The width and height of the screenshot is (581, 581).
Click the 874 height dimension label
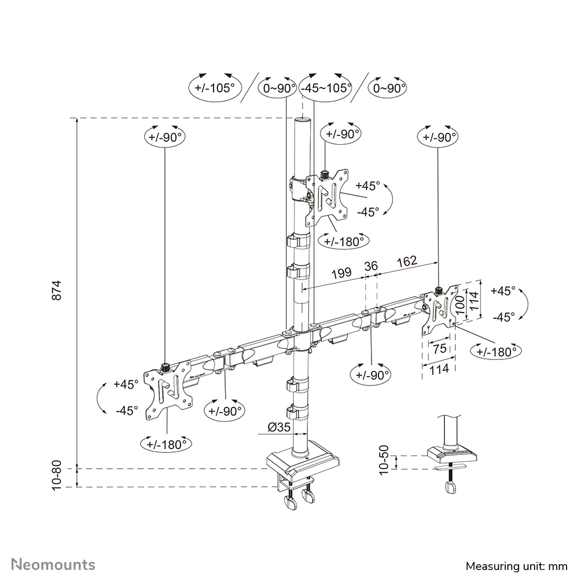57,290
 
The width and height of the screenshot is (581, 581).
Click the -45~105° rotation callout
326,89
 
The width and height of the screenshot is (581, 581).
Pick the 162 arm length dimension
407,262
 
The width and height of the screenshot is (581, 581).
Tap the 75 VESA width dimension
439,348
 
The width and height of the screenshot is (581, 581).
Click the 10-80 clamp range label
57,476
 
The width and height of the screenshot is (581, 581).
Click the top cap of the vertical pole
302,120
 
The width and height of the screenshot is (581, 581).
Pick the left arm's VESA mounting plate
167,387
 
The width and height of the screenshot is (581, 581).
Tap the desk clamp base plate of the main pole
301,463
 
